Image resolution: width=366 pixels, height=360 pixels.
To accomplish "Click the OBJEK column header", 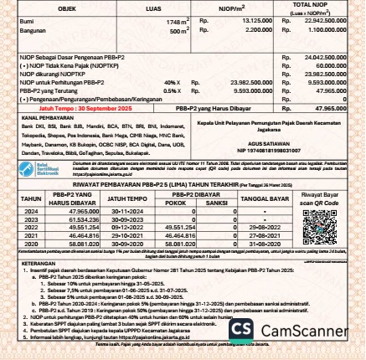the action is coord(66,8).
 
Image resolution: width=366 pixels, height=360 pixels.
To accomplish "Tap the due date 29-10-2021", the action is coord(126,234).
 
